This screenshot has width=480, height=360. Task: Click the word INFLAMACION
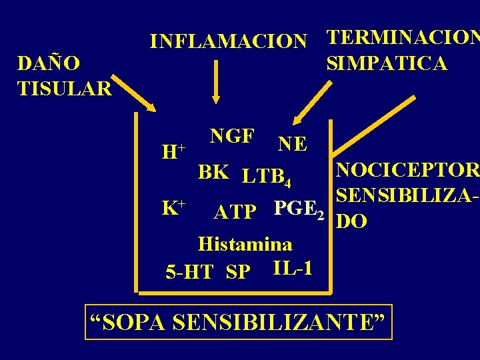pyautogui.click(x=229, y=41)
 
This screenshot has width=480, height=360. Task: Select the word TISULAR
pyautogui.click(x=65, y=87)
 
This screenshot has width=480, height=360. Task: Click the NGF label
pyautogui.click(x=231, y=136)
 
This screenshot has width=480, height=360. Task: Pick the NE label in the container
pyautogui.click(x=293, y=144)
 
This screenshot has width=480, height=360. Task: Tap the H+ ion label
pyautogui.click(x=173, y=151)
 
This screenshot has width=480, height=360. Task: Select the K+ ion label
pyautogui.click(x=173, y=189)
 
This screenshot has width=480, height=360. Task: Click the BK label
pyautogui.click(x=214, y=171)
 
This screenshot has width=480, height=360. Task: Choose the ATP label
pyautogui.click(x=235, y=212)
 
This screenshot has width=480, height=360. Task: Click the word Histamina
pyautogui.click(x=245, y=243)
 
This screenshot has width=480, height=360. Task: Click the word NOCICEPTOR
pyautogui.click(x=407, y=170)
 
